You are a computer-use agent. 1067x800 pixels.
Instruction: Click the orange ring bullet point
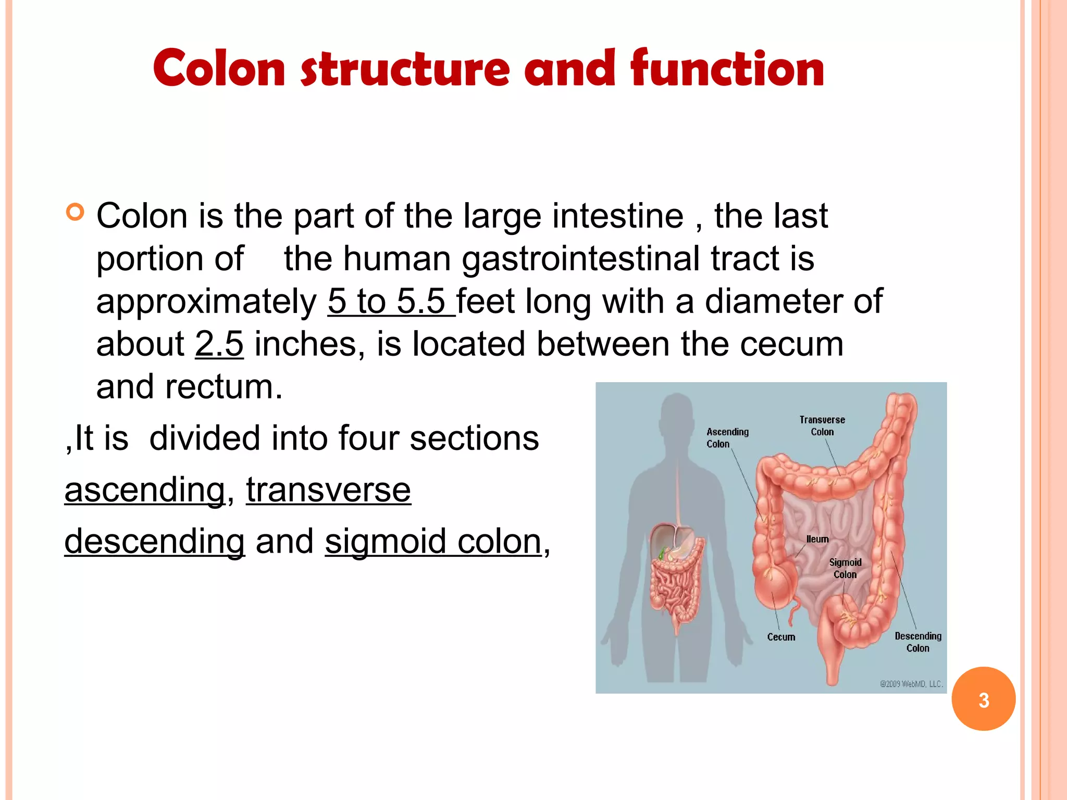tap(76, 213)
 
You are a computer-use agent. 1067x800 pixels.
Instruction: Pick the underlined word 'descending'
tap(154, 541)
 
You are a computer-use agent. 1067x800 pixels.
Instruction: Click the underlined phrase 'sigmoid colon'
tap(433, 541)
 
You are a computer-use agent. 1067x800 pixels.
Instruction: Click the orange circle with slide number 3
tap(983, 699)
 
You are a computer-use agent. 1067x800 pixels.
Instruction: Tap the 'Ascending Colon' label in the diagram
tap(727, 438)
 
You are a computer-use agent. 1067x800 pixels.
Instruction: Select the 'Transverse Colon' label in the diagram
tap(822, 426)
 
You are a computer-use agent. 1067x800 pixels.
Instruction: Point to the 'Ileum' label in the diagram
tap(817, 539)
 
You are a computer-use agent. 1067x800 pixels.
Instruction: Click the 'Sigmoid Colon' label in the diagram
tap(845, 568)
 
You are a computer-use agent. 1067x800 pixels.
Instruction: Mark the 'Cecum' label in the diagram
tap(781, 637)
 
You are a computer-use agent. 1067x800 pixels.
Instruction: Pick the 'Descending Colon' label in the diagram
tap(918, 642)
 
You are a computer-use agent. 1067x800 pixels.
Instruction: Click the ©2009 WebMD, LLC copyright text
tap(911, 684)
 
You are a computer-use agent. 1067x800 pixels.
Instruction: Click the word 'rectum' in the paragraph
tap(223, 387)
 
